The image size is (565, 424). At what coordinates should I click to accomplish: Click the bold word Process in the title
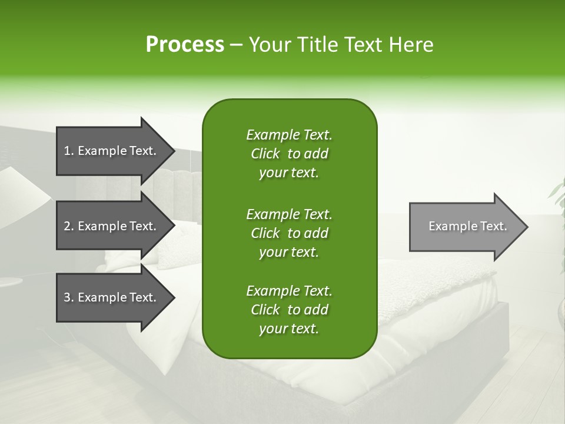[185, 45]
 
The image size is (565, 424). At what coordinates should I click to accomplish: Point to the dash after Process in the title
[236, 45]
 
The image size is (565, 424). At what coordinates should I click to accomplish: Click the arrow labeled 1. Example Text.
[112, 151]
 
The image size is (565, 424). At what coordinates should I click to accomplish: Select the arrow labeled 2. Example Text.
[112, 226]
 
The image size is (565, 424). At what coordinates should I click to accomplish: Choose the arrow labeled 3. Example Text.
[112, 297]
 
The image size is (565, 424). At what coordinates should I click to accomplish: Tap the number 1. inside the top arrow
[69, 151]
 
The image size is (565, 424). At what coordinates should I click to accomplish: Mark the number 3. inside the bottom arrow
[69, 297]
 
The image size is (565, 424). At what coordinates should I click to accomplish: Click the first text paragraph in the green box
[289, 154]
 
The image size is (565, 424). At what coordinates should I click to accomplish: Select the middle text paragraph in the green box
[289, 233]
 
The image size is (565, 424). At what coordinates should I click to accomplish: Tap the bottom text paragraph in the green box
[289, 310]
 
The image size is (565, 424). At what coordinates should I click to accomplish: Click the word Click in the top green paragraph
[265, 154]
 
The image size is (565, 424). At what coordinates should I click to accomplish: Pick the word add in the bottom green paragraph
[316, 310]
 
